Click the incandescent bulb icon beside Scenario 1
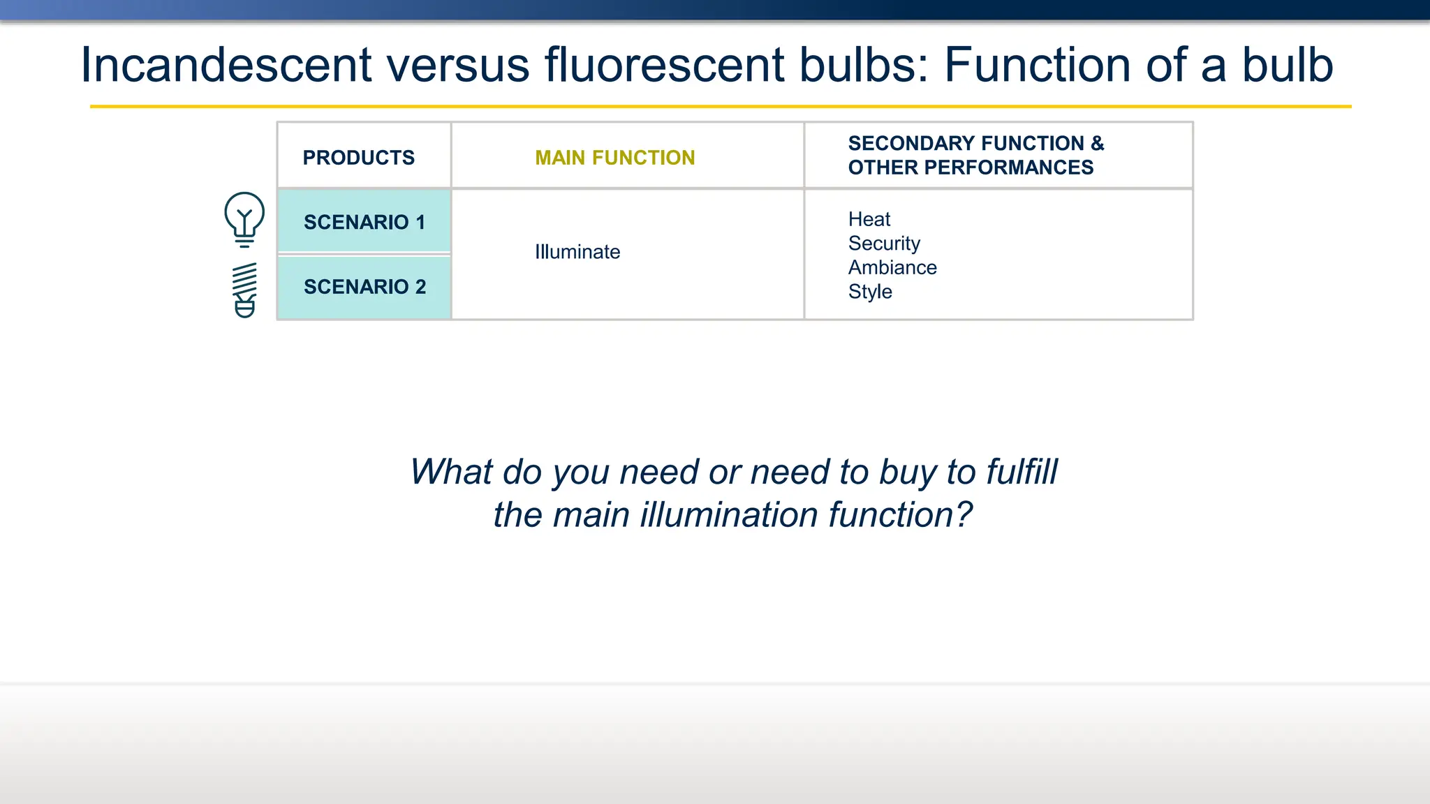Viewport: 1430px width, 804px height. pos(244,218)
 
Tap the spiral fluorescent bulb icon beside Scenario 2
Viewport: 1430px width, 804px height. pos(245,290)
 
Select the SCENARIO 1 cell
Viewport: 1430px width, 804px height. pos(364,222)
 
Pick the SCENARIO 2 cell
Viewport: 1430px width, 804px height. pos(364,287)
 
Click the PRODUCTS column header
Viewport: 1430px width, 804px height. pos(358,158)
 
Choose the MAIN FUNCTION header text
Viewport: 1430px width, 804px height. pos(614,158)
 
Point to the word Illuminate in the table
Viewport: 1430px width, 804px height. pos(577,252)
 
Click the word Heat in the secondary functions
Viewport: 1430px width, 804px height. pos(869,219)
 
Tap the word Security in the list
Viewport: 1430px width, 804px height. pos(883,244)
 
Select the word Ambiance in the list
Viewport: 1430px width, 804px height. pos(892,267)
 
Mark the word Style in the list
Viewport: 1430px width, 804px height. pos(869,292)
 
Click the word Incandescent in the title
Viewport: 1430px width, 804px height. pos(226,65)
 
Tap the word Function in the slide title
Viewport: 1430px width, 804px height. pos(1037,65)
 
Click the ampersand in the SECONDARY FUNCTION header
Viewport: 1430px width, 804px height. pos(1097,144)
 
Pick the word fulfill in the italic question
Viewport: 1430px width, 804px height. pos(1022,472)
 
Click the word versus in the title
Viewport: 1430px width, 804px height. pos(458,65)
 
